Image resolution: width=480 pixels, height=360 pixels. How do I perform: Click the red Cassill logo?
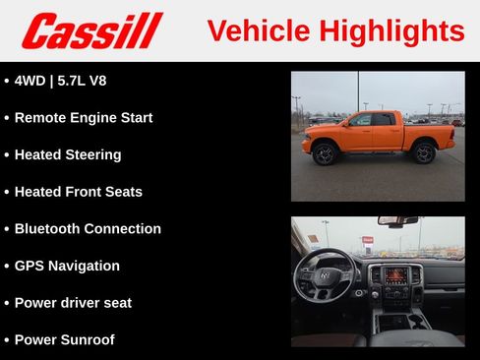(91, 30)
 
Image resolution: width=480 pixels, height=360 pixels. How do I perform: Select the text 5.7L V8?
(81, 81)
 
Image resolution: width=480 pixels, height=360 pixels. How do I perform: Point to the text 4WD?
(30, 81)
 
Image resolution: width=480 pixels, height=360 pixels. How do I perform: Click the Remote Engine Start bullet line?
(84, 118)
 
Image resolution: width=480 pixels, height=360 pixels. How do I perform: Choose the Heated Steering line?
(68, 154)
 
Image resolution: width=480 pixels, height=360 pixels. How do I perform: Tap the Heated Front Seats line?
(78, 192)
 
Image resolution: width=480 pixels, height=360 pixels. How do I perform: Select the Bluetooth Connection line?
(88, 228)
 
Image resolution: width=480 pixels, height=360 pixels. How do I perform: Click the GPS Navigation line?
(67, 266)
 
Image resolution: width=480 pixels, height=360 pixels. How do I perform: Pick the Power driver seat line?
(73, 303)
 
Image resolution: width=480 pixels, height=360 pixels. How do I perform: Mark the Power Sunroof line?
(64, 339)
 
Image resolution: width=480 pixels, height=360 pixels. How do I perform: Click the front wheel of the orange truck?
(325, 153)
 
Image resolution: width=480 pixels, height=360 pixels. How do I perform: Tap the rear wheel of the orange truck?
(424, 152)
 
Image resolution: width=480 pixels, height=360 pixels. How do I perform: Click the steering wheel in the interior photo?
(325, 278)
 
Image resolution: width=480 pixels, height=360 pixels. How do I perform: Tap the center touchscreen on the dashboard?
(395, 275)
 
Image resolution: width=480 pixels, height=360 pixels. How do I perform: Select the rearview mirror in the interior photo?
(397, 221)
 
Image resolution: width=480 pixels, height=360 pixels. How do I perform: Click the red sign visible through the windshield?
(368, 239)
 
